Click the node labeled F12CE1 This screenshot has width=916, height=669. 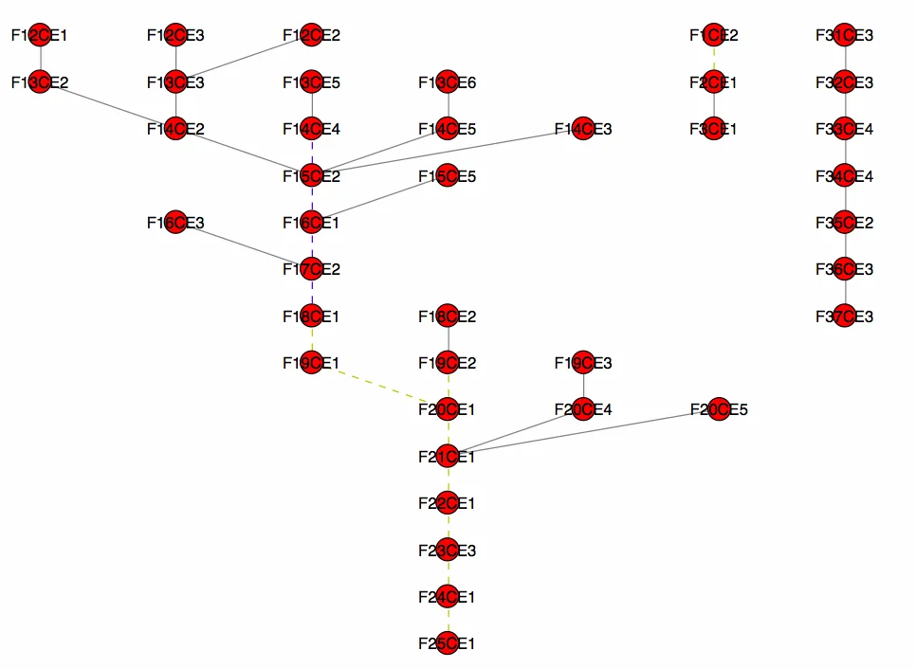(x=39, y=35)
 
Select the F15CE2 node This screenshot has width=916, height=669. (x=311, y=175)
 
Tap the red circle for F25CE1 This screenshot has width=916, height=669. (x=447, y=643)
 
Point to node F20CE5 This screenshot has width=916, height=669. (x=719, y=409)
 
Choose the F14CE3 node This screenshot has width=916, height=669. (x=583, y=129)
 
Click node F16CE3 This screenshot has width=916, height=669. (x=175, y=223)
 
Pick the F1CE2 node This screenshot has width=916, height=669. (x=714, y=35)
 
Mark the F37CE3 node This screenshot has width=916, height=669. (x=844, y=316)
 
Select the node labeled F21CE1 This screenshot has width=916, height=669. (x=447, y=457)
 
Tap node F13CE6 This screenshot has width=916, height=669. (x=447, y=82)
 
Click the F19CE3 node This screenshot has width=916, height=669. (x=583, y=363)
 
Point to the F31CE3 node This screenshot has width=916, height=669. (x=844, y=35)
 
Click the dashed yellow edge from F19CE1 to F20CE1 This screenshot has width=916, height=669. (x=379, y=387)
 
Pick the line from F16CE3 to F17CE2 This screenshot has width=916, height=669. (x=244, y=246)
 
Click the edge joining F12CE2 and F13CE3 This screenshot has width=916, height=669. (x=244, y=59)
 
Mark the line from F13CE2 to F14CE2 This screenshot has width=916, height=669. (x=107, y=105)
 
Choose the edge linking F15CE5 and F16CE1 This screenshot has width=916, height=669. (x=379, y=199)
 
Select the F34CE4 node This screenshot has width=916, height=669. (x=844, y=175)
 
